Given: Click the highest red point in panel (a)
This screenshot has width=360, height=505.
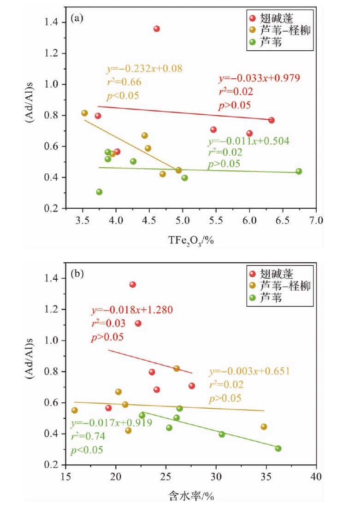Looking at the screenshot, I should click(x=157, y=29).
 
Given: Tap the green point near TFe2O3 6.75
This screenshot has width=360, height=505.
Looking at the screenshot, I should click(x=299, y=171).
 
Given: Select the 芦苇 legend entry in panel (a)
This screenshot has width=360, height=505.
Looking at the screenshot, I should click(x=272, y=42).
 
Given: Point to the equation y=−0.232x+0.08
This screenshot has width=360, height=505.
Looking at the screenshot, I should click(x=145, y=69).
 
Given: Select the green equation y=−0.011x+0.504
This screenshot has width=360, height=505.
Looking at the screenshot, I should click(x=248, y=141).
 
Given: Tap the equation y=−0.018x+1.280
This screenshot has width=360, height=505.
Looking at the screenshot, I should click(x=133, y=310).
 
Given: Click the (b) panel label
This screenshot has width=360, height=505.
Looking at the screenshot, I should click(x=77, y=275).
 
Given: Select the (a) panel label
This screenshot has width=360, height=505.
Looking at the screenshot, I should click(x=77, y=18).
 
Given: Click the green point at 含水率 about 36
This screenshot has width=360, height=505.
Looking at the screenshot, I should click(x=278, y=448).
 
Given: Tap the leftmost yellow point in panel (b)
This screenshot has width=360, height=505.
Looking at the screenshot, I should click(x=75, y=410).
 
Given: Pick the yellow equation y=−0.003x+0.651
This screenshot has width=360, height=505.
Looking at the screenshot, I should click(x=249, y=372).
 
